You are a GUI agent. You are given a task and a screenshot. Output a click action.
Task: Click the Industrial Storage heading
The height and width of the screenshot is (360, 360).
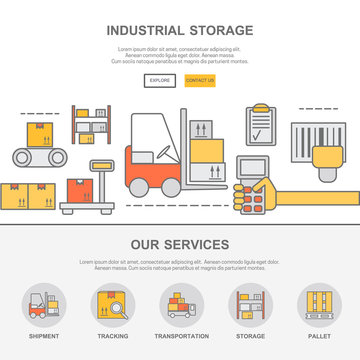pyautogui.click(x=180, y=30)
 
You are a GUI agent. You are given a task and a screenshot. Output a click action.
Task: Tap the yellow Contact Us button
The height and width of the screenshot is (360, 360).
pyautogui.click(x=200, y=80)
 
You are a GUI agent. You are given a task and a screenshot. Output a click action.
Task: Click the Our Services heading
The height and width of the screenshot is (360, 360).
pyautogui.click(x=180, y=244)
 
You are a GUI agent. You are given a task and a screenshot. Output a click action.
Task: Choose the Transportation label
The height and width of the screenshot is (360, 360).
pyautogui.click(x=181, y=336)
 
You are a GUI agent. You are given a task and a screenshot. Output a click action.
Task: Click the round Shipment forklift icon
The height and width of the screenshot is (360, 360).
pyautogui.click(x=43, y=304)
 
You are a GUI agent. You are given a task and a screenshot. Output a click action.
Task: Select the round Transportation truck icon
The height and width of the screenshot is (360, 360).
pyautogui.click(x=181, y=304)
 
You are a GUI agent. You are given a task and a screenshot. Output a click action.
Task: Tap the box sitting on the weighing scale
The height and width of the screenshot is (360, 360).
pyautogui.click(x=77, y=190)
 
